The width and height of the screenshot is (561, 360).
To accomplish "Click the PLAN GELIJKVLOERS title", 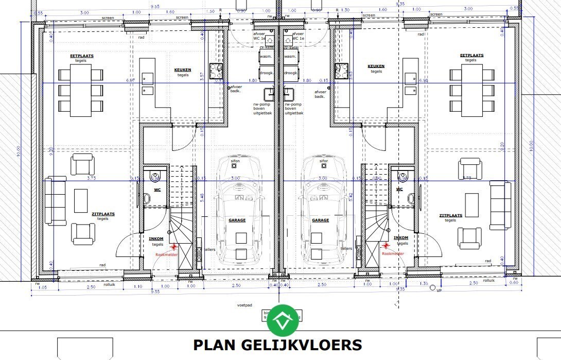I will point(277,345).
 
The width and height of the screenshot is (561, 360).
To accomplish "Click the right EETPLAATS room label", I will point(472,55).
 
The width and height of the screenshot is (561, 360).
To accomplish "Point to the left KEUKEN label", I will point(183,70).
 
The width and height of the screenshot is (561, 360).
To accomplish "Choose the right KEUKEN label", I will point(376,66).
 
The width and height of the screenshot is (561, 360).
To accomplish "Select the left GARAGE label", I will point(237,220).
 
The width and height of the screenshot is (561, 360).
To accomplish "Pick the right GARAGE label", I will point(321,220).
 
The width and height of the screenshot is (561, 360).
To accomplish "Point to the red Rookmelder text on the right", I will point(393,253).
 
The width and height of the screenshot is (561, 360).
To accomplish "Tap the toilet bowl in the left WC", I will point(155,178).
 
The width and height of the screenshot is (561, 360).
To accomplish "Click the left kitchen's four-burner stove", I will point(216,71).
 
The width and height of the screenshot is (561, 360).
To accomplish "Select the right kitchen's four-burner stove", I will point(342,71).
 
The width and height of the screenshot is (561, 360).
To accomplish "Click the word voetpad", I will point(244,305).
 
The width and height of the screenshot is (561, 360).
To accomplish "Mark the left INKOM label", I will point(156,238).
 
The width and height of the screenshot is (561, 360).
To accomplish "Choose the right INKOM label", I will point(401,238).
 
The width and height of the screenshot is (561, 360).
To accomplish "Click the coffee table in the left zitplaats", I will point(81,201).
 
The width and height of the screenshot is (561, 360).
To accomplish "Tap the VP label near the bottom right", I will point(439,290).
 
